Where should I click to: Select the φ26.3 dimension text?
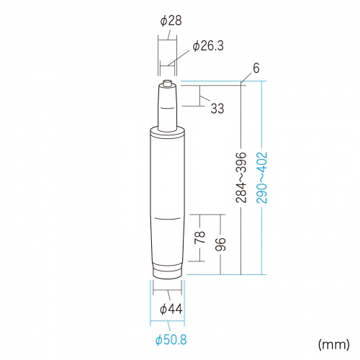click(x=208, y=46)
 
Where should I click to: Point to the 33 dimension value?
click(x=217, y=109)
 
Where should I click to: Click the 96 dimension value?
click(x=222, y=244)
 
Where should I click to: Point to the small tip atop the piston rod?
click(x=168, y=84)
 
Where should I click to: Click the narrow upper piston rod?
click(x=168, y=108)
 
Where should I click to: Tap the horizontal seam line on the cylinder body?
click(x=168, y=216)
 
